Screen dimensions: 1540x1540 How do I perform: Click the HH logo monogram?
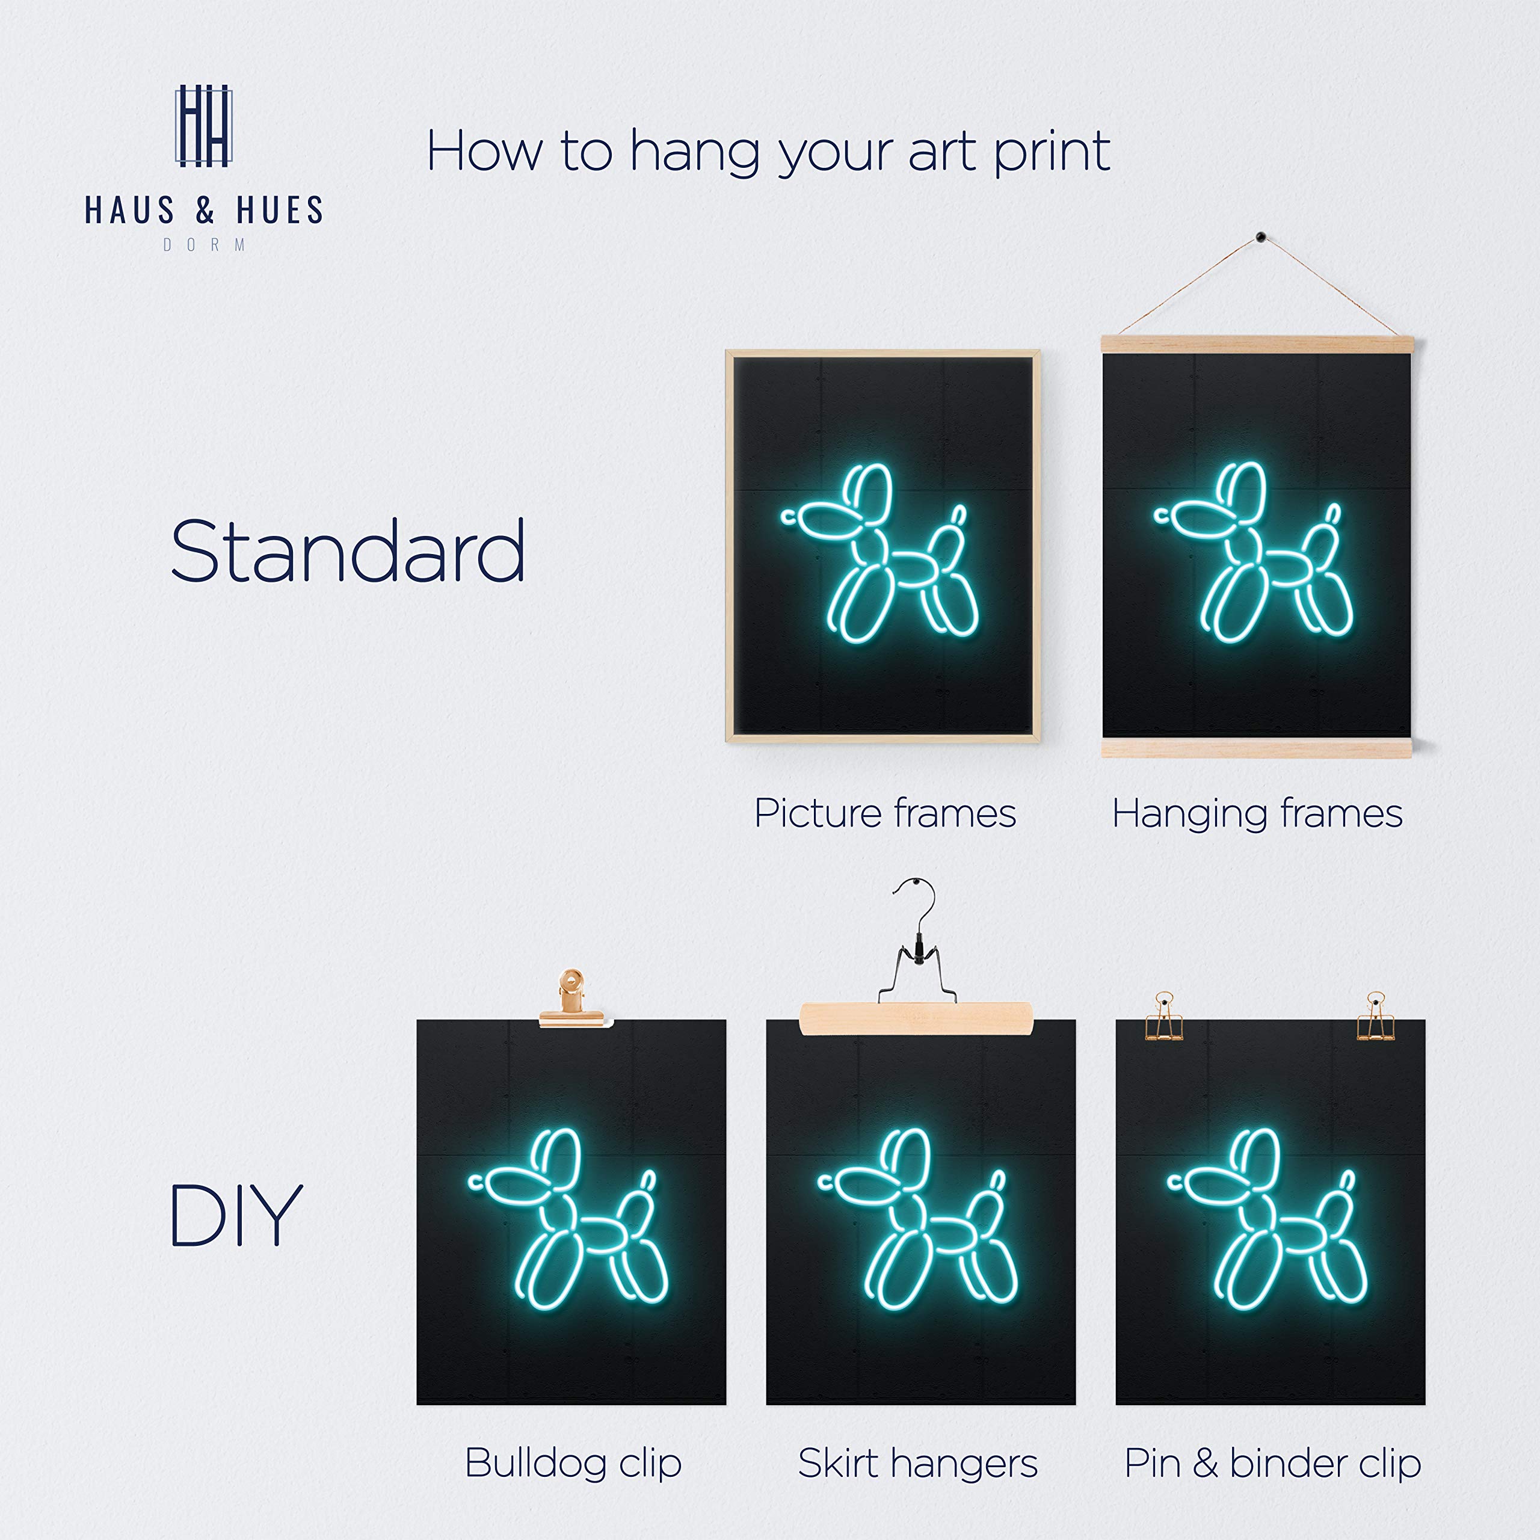pos(203,126)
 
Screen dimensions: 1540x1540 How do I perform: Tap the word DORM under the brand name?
pos(204,245)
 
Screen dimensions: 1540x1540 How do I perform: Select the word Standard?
pos(348,551)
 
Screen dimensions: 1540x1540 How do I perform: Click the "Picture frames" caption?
pos(885,814)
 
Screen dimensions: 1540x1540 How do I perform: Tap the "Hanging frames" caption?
pos(1257,814)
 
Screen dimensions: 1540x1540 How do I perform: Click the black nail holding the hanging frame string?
pos(1260,237)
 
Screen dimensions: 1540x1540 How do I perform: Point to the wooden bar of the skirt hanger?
pos(916,1018)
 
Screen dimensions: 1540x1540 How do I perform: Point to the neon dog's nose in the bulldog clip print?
pos(476,1182)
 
